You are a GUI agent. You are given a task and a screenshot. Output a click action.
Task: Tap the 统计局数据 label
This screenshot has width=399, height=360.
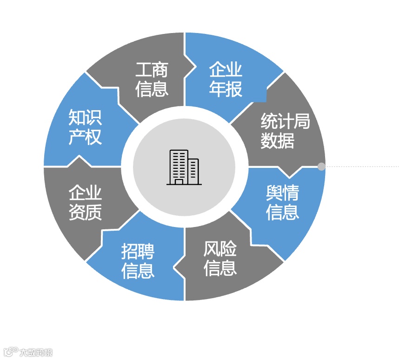285,131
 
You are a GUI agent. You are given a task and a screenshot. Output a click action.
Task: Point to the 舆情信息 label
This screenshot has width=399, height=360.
282,202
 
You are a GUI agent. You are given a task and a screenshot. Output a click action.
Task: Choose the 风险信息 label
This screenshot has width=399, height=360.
220,259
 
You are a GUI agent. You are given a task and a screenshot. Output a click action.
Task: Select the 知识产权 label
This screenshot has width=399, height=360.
85,127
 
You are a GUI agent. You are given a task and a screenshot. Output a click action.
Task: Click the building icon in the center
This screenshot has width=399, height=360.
184,167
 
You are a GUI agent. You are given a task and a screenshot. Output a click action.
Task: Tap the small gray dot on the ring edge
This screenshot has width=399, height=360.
321,167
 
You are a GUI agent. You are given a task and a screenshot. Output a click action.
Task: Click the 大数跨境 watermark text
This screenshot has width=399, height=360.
36,352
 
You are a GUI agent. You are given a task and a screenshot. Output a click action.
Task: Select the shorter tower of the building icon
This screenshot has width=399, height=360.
193,171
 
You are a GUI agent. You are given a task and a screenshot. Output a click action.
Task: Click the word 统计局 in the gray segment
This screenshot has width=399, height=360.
285,122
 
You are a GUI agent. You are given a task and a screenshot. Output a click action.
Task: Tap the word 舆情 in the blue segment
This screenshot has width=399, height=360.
282,193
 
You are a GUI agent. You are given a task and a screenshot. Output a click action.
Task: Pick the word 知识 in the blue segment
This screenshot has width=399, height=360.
85,117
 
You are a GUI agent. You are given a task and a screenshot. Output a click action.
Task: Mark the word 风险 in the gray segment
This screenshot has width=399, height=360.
220,249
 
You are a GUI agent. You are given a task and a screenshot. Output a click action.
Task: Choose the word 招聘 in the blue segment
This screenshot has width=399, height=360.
138,252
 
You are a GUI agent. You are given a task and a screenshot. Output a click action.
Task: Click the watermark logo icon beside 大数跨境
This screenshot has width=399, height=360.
11,351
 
